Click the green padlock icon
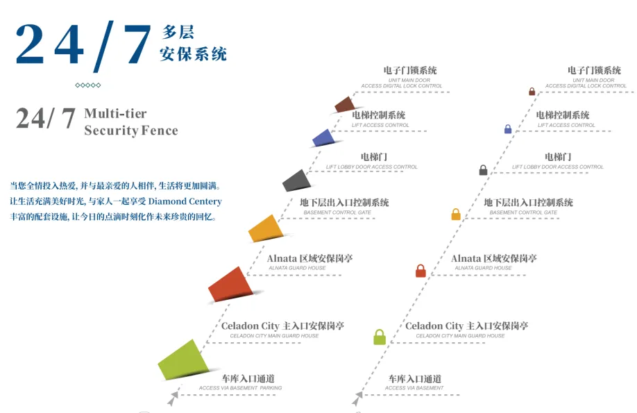380,337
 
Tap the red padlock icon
421,271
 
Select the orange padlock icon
456,214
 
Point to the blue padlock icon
508,128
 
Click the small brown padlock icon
532,92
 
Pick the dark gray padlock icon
484,169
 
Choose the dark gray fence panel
295,180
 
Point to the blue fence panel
323,137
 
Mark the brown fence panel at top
344,105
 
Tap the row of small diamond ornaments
88,85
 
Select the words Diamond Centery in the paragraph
185,201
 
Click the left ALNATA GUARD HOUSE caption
296,268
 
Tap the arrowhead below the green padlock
358,398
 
